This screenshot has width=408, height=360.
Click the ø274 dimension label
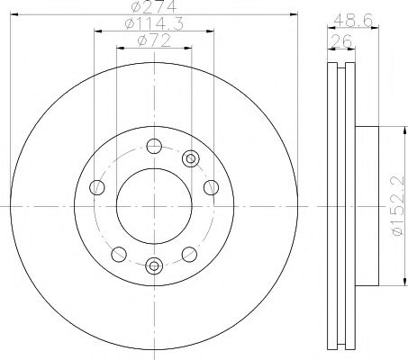[154, 6]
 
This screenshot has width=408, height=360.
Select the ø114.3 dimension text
[154, 23]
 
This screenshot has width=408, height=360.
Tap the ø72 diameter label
[154, 40]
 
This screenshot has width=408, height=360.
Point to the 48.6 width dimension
[353, 21]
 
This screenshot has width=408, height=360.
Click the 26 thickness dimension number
[340, 40]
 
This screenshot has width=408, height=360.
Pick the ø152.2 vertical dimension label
[398, 206]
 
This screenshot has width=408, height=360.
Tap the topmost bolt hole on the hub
[154, 147]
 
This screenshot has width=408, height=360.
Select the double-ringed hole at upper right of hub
[191, 158]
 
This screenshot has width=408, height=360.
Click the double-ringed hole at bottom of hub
[154, 265]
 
